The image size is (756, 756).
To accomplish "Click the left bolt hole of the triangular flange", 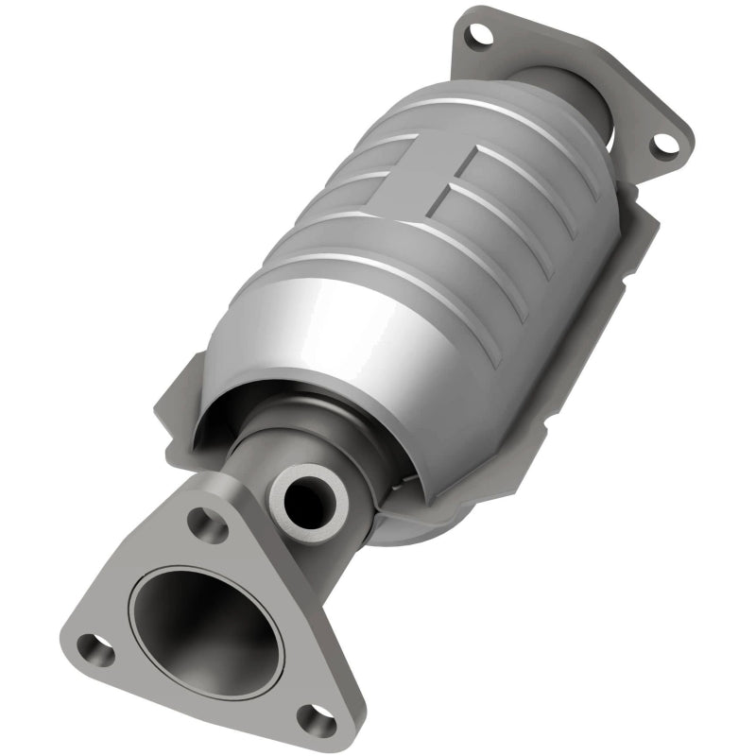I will tap(94, 648).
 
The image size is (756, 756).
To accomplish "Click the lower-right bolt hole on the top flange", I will tap(666, 143).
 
